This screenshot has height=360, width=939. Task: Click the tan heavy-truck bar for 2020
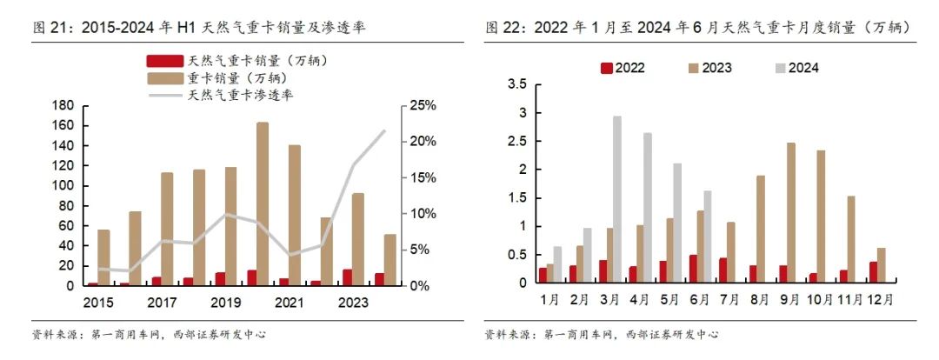tap(263, 203)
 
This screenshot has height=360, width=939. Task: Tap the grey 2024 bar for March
tap(617, 199)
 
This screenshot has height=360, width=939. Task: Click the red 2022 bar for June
tap(693, 269)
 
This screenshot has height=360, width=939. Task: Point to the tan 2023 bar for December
tap(881, 265)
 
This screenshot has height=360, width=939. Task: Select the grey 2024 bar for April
tap(647, 208)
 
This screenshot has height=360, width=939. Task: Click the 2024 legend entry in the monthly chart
tap(796, 68)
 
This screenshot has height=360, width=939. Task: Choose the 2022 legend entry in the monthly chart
tap(623, 68)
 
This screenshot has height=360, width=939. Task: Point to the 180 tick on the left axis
tap(62, 105)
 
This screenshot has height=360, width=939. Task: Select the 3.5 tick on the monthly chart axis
tap(517, 84)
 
